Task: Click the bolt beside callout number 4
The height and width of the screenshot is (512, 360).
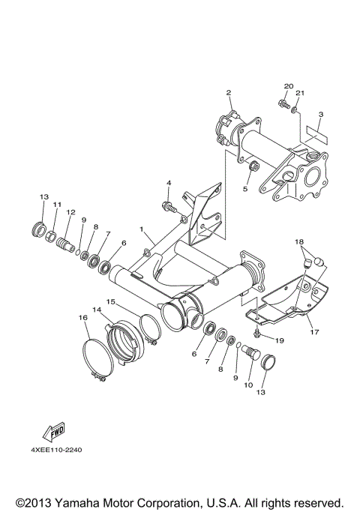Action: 167,203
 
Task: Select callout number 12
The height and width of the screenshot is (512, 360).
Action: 70,212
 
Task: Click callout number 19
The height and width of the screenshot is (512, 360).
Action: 280,340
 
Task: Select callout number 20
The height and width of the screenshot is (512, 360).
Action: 289,87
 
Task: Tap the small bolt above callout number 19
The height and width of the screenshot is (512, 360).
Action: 257,331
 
